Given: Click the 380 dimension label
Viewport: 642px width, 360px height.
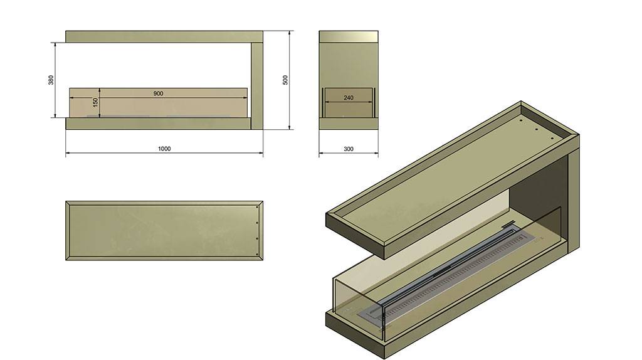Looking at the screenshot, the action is pos(51,80).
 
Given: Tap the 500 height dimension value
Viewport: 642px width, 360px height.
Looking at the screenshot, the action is pos(285,80).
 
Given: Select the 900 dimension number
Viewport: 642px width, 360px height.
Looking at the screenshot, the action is pos(159,93).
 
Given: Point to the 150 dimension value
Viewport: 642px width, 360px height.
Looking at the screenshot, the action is pos(95,102).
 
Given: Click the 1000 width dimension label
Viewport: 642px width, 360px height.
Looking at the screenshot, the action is pos(164,149).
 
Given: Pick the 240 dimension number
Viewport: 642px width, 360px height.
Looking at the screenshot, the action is pos(349,97).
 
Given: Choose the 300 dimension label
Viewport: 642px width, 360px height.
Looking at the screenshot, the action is pos(349,149).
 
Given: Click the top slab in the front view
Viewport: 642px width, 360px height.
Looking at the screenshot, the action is pos(164,36).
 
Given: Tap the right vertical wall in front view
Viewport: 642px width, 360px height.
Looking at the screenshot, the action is pos(256,85).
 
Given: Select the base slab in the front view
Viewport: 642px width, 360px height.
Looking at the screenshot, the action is pos(158,124).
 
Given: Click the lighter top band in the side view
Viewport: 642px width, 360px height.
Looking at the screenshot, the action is pos(349,36).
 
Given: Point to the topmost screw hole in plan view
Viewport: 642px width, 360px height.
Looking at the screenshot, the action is pos(256,207).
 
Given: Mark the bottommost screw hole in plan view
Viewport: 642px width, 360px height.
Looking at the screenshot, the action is pos(256,254).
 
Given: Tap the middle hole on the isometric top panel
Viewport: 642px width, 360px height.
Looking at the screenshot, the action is pos(536,130).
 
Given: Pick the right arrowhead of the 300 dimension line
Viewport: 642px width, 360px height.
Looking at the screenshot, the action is pos(376,154).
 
